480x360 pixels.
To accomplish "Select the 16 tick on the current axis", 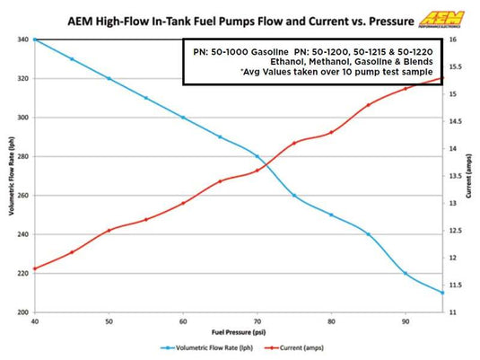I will click(x=455, y=40).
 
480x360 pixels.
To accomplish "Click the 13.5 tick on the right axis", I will click(x=457, y=176).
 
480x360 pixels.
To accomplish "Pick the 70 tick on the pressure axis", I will click(x=257, y=320).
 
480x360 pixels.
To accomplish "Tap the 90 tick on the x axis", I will click(x=406, y=320).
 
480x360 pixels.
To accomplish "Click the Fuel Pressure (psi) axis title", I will click(x=239, y=331).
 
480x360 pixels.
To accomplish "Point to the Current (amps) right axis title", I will click(x=472, y=177).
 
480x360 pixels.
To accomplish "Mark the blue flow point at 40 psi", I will click(x=35, y=40).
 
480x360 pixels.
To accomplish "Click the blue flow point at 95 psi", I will click(x=442, y=293).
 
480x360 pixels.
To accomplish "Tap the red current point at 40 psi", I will click(x=35, y=268).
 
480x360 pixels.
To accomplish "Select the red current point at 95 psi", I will click(x=442, y=78).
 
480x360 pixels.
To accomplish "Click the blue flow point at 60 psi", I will click(x=183, y=118).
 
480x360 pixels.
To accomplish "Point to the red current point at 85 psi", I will click(x=369, y=104).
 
